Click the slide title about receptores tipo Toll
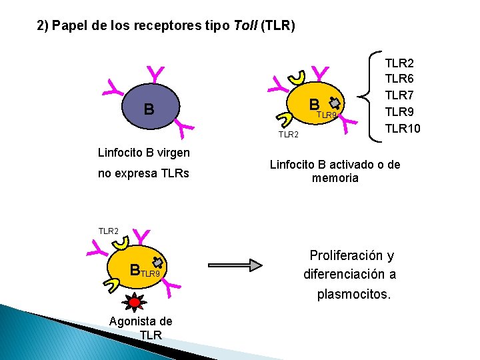click(x=166, y=26)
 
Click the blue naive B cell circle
click(x=149, y=109)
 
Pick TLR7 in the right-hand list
click(x=399, y=95)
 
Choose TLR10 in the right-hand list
click(x=403, y=128)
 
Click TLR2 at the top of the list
click(x=399, y=63)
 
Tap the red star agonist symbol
click(x=135, y=301)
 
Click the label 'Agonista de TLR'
click(x=140, y=327)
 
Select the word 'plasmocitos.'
click(x=353, y=294)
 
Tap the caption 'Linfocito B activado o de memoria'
click(x=335, y=171)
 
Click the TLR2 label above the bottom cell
click(x=108, y=231)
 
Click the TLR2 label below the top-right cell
click(x=288, y=135)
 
